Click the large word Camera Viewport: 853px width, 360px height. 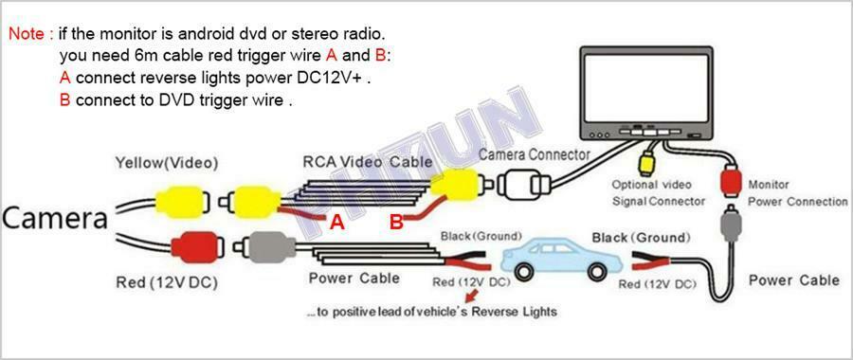tap(54, 219)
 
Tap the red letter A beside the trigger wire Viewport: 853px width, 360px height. tap(337, 222)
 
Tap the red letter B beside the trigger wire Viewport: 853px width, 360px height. tap(397, 222)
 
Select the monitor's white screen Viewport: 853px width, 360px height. tap(645, 87)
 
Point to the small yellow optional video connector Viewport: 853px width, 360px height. tap(645, 162)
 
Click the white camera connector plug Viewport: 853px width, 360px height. tap(521, 186)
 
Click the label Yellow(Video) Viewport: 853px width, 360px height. tap(166, 163)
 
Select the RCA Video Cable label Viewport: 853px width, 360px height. tap(367, 161)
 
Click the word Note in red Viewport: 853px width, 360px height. tap(27, 34)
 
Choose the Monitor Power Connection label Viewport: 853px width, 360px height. tap(797, 193)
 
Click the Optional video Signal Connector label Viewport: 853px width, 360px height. tap(659, 193)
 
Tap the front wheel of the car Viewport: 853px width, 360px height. tap(524, 270)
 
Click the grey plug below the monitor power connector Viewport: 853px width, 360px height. tap(730, 224)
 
